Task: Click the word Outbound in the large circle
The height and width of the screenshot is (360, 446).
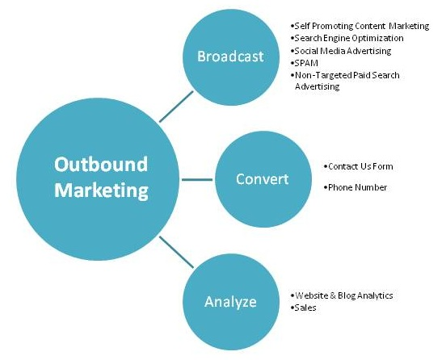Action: (x=101, y=164)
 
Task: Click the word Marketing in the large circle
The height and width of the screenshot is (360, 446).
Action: (x=101, y=190)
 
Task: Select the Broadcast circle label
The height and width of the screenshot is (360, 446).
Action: (x=230, y=57)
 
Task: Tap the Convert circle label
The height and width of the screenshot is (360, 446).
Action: (x=263, y=179)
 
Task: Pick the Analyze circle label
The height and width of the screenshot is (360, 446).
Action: (x=230, y=303)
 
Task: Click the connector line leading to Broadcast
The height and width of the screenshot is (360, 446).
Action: (x=176, y=107)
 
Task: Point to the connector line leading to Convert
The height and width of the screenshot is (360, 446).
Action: (x=197, y=179)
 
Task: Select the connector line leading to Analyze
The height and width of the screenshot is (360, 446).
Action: (x=176, y=252)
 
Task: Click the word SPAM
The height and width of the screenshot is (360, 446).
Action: (x=306, y=63)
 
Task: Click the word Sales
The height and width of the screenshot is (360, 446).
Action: (x=305, y=308)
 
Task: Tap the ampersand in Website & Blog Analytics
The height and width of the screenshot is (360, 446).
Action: (x=333, y=295)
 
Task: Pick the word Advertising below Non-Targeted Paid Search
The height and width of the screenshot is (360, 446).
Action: (x=318, y=86)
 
